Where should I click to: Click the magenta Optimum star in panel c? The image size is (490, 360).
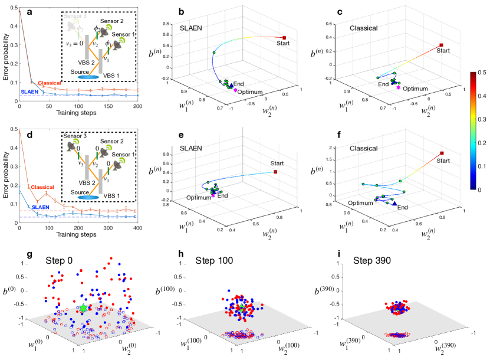[x=399, y=87]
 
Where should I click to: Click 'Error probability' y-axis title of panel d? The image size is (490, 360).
[x=5, y=181]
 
